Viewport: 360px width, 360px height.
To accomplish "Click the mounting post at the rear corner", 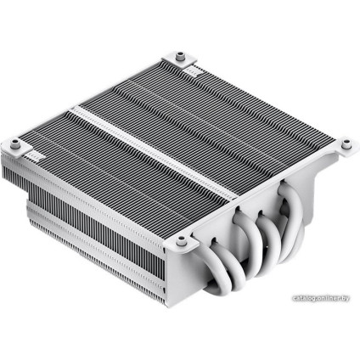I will coord(183,57).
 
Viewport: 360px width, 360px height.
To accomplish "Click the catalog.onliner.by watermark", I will coord(322,299).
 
